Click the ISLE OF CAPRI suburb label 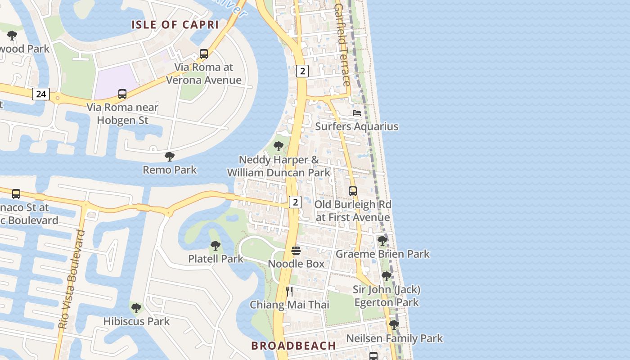(x=175, y=25)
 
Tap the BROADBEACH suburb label (x=293, y=346)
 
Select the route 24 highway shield (x=40, y=94)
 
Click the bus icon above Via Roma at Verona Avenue (x=204, y=54)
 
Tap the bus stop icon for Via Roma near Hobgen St (x=122, y=94)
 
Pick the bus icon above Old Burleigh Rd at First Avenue (x=353, y=191)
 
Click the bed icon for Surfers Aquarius (x=357, y=113)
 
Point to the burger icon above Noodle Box (x=296, y=250)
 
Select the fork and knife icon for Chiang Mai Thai (x=289, y=291)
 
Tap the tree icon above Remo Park (x=170, y=157)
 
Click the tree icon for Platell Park (x=216, y=246)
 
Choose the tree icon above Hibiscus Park (x=136, y=308)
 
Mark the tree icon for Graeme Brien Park (x=382, y=241)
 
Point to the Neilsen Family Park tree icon (x=394, y=325)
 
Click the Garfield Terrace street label (x=342, y=45)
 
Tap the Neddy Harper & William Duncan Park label (x=279, y=166)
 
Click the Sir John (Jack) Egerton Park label (x=387, y=296)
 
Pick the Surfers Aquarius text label (x=357, y=126)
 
